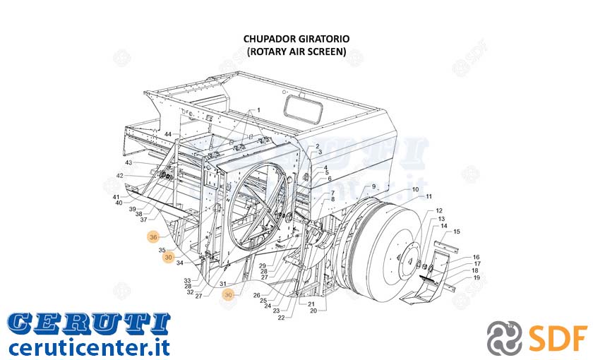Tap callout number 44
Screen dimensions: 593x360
point(168,134)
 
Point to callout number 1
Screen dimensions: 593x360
point(258,110)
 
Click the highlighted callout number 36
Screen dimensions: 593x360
point(153,237)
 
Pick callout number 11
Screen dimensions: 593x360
point(429,196)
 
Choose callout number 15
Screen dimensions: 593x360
point(457,232)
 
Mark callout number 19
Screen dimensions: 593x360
point(476,277)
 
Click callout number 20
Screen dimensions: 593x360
point(313,311)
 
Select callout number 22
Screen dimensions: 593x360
point(281,318)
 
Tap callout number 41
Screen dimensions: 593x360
point(116,197)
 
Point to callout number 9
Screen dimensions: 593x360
point(373,186)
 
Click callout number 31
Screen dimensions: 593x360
point(223,284)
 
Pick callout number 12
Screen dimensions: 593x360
point(438,210)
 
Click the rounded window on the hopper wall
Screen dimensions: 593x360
point(304,109)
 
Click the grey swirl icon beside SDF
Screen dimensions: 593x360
point(504,337)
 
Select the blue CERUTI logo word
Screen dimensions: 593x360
point(89,324)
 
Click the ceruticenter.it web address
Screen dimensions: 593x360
point(89,347)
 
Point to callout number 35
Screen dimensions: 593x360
point(162,250)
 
